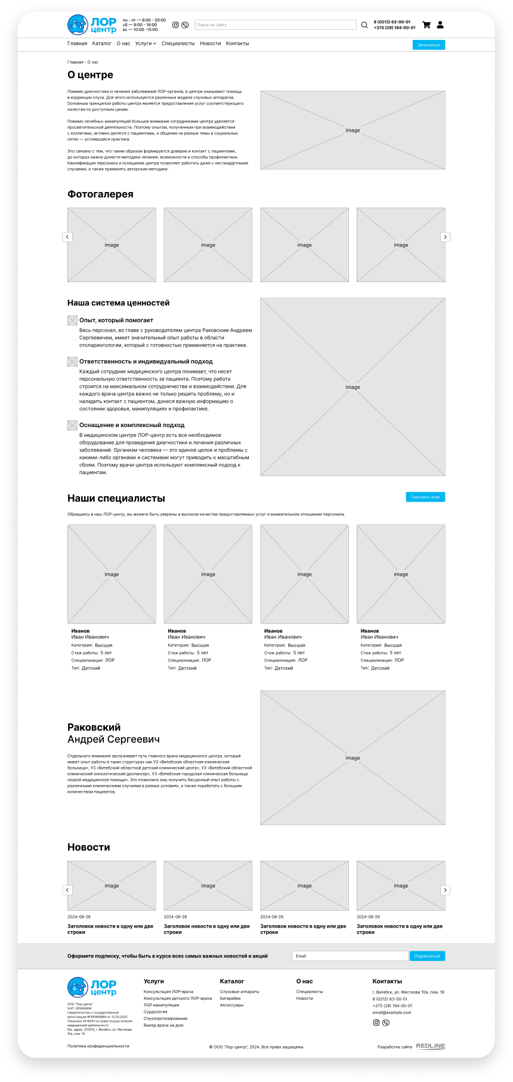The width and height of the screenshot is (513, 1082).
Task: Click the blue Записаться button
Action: point(428,45)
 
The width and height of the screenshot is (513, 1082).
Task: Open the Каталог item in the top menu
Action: point(102,44)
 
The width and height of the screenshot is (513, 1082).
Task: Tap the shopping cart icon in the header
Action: point(426,25)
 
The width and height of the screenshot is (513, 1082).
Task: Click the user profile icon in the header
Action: point(440,25)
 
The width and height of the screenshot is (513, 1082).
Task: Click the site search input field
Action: point(275,25)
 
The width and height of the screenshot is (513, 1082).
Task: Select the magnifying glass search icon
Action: point(364,25)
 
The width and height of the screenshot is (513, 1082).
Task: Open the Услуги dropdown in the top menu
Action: point(146,44)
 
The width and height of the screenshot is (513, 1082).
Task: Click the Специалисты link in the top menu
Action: point(178,44)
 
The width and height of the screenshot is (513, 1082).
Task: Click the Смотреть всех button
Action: point(425,497)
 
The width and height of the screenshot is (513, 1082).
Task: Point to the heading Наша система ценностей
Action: point(119,303)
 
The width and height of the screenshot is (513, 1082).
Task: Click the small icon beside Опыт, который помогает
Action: point(72,321)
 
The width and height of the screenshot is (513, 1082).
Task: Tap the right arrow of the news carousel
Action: point(445,890)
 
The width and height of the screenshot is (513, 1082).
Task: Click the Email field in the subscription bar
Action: point(350,956)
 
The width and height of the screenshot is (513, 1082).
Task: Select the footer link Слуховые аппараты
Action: point(239,991)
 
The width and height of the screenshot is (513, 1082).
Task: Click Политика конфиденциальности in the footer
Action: point(98,1046)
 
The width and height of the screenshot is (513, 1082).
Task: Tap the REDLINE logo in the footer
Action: point(430,1046)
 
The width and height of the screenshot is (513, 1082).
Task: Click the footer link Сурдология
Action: point(155,1012)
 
